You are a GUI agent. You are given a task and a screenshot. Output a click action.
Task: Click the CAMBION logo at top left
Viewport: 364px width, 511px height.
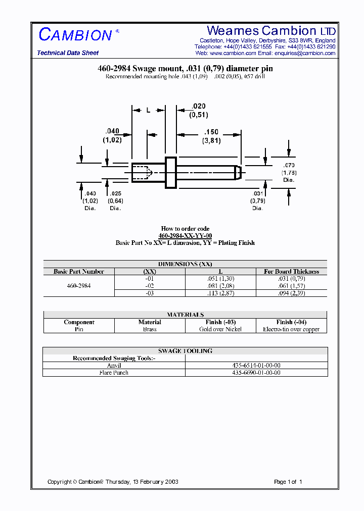click(x=76, y=35)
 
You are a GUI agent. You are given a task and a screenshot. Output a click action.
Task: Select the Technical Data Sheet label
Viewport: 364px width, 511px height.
click(x=68, y=53)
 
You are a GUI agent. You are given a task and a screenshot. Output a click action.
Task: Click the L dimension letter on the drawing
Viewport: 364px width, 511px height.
click(x=148, y=110)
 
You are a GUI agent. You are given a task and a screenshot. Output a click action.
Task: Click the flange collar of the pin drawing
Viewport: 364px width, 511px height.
click(x=171, y=172)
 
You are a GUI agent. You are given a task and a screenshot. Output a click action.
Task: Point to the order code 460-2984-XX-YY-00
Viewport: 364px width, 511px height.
click(x=185, y=236)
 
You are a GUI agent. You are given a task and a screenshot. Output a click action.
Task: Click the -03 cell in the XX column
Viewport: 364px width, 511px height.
click(x=150, y=293)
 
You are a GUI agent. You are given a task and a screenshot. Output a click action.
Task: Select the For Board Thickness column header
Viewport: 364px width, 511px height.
click(x=291, y=272)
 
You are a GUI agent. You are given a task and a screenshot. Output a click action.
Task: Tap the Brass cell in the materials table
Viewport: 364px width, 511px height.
click(x=150, y=329)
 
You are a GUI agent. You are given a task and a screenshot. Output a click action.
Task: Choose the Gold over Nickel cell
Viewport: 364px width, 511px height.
click(x=220, y=329)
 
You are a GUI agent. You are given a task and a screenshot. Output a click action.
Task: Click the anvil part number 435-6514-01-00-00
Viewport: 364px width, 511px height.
click(x=256, y=365)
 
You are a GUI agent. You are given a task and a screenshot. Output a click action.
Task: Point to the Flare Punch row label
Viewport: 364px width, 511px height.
click(x=114, y=373)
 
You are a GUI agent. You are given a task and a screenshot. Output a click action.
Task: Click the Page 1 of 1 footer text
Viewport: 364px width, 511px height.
click(x=288, y=482)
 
